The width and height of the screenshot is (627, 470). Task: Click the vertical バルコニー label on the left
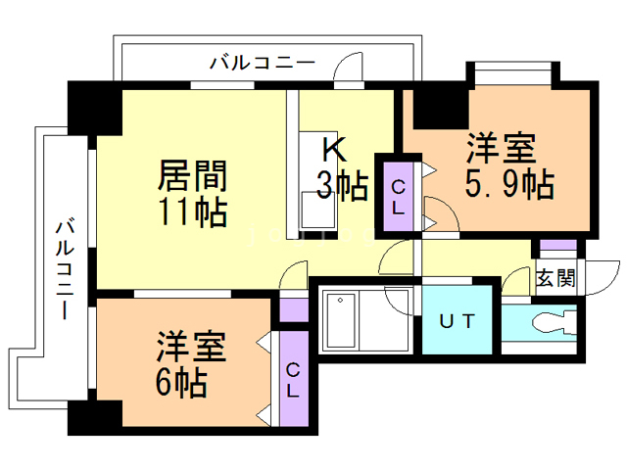(65, 269)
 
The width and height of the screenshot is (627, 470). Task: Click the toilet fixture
(549, 322)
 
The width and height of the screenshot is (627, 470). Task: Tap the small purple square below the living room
(293, 309)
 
